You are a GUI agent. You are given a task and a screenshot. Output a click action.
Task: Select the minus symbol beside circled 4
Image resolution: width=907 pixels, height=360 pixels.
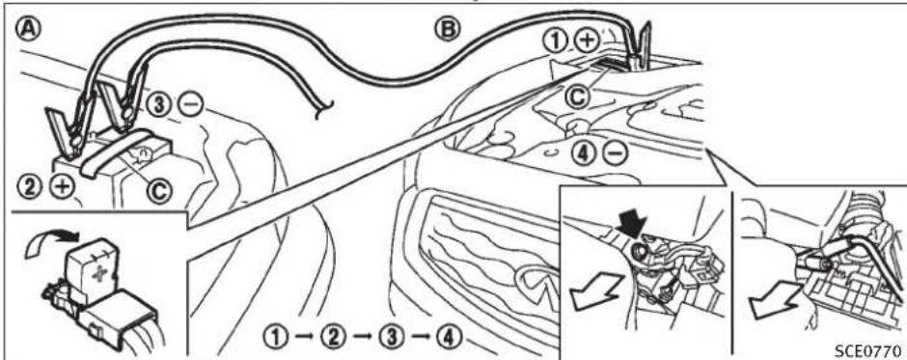pyautogui.click(x=615, y=152)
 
